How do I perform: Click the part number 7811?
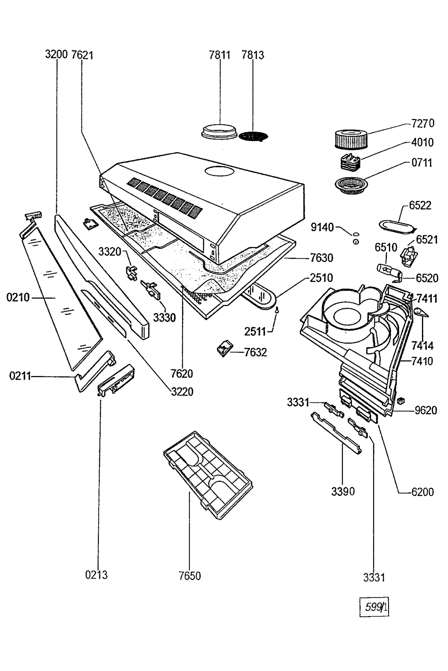point(220,55)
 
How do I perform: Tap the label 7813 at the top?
point(253,55)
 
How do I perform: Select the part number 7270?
point(423,123)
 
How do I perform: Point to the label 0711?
point(422,163)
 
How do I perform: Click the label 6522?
point(420,205)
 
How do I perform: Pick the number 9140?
point(322,227)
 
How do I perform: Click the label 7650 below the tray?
point(189,576)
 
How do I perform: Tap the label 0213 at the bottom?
point(97,575)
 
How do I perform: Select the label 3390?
point(343,491)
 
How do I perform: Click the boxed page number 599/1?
point(375,608)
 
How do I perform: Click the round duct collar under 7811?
point(219,132)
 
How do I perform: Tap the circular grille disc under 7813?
point(254,136)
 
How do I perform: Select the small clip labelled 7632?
point(224,349)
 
